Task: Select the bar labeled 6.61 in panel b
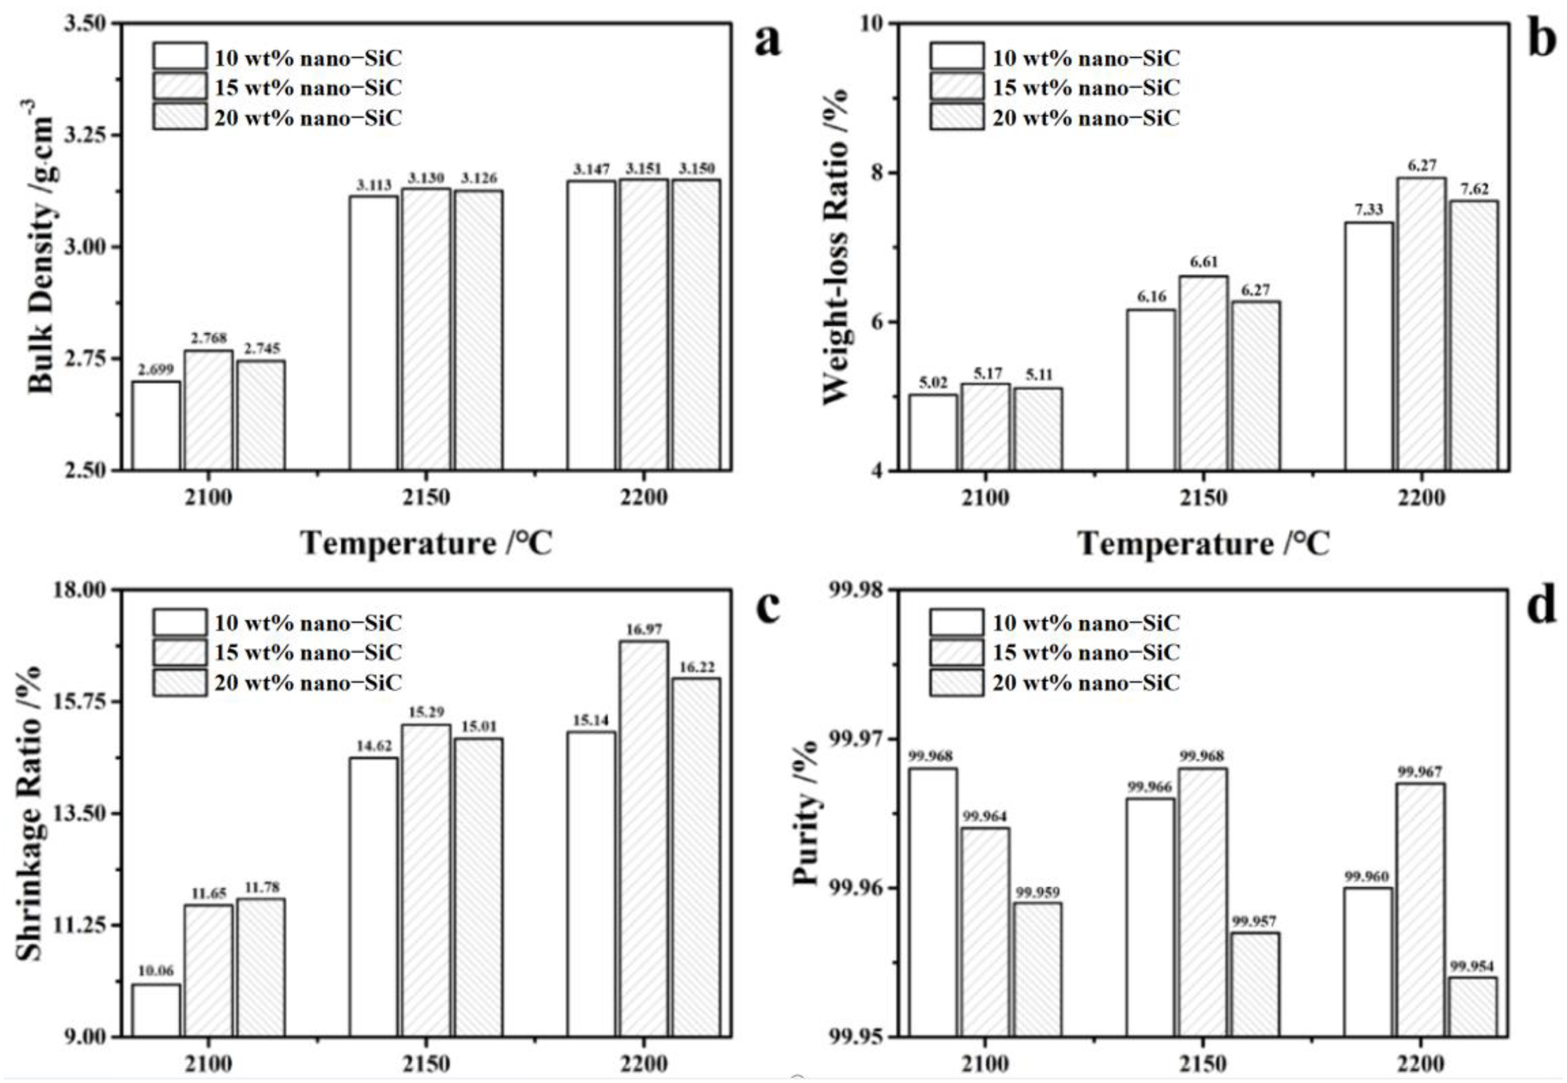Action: tap(1203, 373)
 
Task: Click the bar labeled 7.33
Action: tap(1369, 346)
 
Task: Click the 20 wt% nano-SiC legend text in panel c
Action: tap(308, 683)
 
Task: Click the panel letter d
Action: tap(1541, 606)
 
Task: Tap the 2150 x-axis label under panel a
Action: tap(426, 497)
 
